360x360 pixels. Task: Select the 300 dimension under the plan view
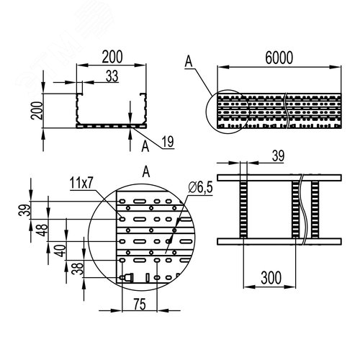coord(271,276)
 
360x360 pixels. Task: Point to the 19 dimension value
coord(166,143)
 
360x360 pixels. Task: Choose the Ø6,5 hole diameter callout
coord(199,188)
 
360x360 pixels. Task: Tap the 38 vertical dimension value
coord(78,269)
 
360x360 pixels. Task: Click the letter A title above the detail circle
coord(146,171)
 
